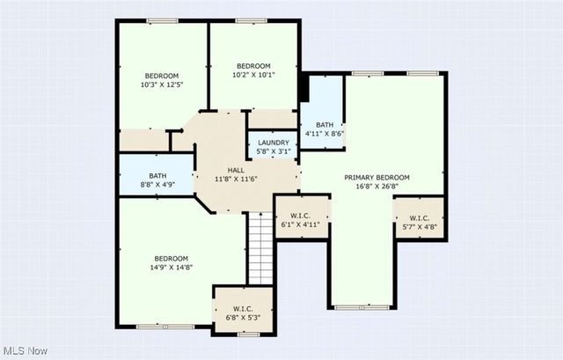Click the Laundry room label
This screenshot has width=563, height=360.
point(273,142)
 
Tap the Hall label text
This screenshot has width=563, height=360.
point(236,170)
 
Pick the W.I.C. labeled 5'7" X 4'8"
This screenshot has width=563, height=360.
point(419,222)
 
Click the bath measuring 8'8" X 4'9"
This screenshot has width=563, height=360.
point(157,180)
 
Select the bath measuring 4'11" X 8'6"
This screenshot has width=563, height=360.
point(325,129)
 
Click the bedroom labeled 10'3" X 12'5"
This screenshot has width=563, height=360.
point(162,79)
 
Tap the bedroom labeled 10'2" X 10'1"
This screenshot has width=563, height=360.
point(252,70)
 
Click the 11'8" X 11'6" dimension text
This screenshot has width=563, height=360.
point(236,180)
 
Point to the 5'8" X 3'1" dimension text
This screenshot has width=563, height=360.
point(273,151)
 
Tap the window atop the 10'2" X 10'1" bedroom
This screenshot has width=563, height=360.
point(252,20)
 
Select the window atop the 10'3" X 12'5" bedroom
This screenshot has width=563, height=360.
point(162,20)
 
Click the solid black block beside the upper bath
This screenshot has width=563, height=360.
point(303,88)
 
